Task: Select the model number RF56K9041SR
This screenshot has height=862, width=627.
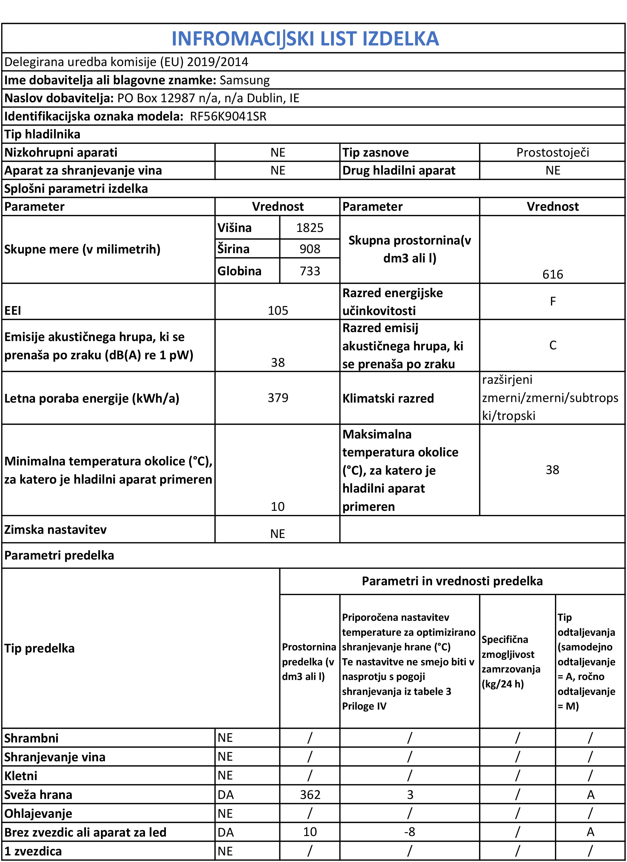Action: pos(228,116)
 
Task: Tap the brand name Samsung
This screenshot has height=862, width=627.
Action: pos(245,80)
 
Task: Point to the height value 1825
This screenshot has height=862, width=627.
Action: pos(309,228)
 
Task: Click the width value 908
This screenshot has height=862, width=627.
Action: pos(309,249)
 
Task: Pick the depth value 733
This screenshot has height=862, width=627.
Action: pos(309,271)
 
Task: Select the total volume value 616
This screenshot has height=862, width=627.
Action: pos(553,274)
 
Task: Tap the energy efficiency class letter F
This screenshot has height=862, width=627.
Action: pos(553,301)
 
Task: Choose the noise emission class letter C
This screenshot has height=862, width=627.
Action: pos(553,345)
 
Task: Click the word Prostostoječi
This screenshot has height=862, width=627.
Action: pos(553,152)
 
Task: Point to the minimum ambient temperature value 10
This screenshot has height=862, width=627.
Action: pos(277,506)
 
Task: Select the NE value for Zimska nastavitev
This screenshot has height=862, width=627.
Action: pos(277,534)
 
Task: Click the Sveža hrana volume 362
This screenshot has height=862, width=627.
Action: pos(310,795)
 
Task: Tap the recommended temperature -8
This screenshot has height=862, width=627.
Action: pos(410,832)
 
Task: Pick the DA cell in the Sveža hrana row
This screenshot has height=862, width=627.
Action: pos(226,795)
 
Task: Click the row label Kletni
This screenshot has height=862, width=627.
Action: pos(21,776)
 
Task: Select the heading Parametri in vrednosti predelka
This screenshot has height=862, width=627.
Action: pos(452,581)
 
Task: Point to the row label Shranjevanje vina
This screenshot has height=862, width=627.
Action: pos(55,757)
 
